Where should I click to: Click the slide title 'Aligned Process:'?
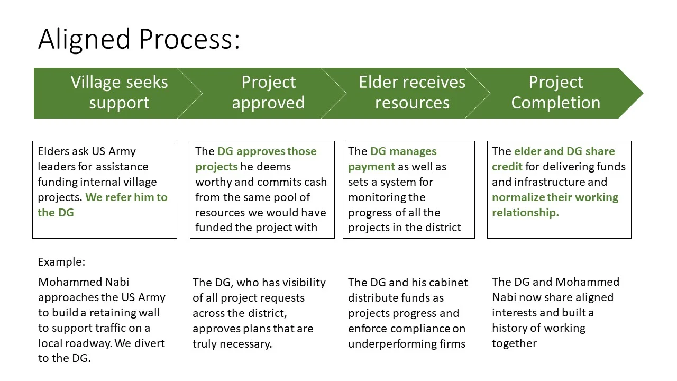(x=139, y=39)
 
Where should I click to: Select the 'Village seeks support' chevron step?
(x=119, y=93)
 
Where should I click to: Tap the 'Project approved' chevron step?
(x=268, y=93)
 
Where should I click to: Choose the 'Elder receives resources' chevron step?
(x=412, y=93)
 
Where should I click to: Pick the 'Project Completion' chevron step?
(x=555, y=93)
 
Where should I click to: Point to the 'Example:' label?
(x=61, y=262)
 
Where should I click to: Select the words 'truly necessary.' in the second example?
(x=232, y=344)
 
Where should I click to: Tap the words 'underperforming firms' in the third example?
(x=406, y=344)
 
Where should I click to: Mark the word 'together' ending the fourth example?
(x=514, y=343)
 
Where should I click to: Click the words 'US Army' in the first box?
(x=113, y=151)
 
